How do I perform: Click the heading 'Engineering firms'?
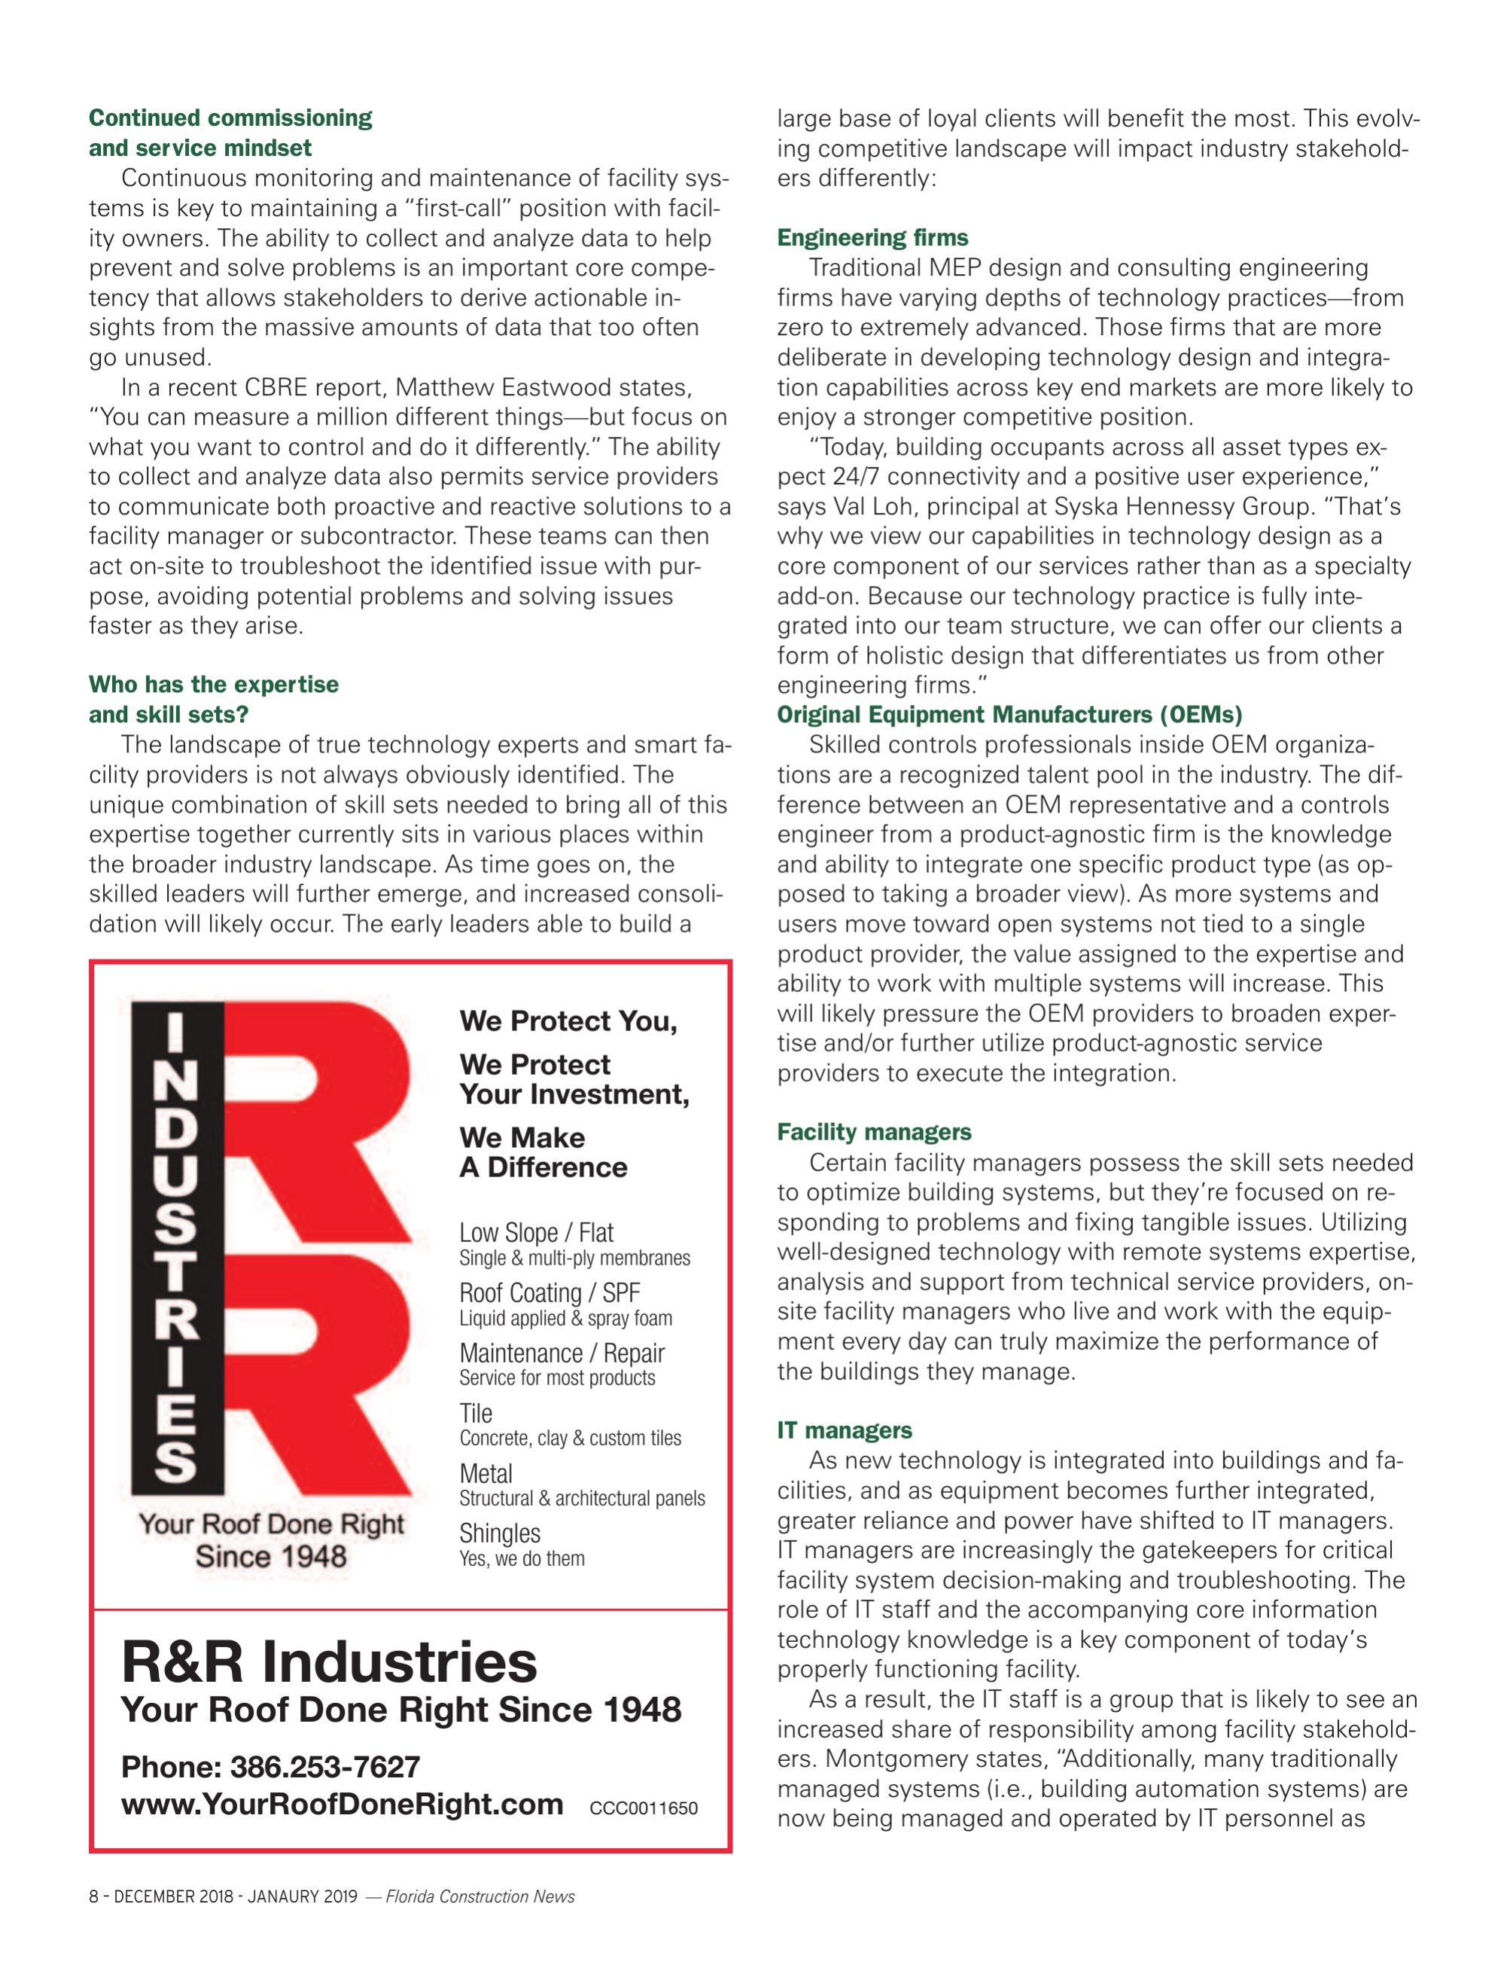coord(872,237)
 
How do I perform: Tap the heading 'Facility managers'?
coord(874,1132)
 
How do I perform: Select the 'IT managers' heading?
coord(844,1429)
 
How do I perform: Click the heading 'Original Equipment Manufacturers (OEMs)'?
coord(1009,715)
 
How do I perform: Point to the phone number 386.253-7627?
coord(324,1767)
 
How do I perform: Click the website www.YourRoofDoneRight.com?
coord(342,1805)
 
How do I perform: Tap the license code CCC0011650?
coord(643,1808)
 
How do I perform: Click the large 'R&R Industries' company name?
coord(329,1661)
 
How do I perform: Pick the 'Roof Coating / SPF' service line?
coord(550,1293)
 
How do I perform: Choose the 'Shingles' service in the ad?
coord(500,1533)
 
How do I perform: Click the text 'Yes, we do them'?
coord(522,1559)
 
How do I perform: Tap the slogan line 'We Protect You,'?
coord(568,1021)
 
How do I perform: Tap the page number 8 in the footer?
coord(93,1897)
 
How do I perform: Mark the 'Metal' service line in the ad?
coord(486,1473)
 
